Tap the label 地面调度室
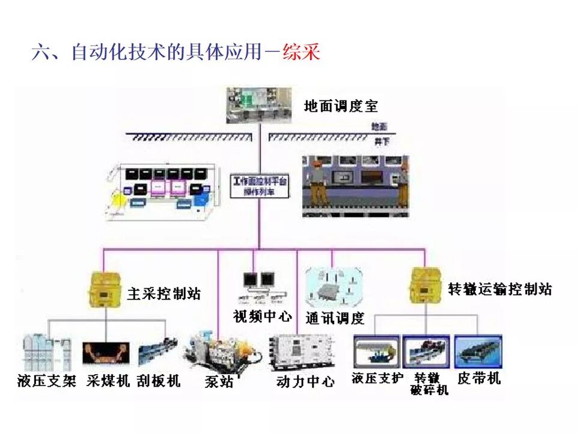[341, 106]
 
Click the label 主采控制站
[164, 294]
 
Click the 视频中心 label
[262, 316]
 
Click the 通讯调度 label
[335, 318]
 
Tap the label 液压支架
[47, 381]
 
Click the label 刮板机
[159, 381]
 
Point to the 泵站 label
[219, 382]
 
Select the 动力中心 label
[305, 381]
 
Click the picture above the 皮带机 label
[478, 352]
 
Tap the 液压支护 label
[377, 378]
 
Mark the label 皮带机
[478, 378]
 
